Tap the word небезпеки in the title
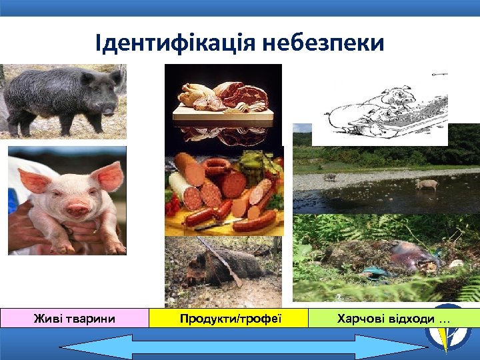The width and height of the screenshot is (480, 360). point(323,44)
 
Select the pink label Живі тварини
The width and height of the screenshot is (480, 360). point(74,319)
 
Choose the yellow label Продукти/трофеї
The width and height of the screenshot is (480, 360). point(230,319)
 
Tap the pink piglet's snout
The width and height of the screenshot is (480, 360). point(77,210)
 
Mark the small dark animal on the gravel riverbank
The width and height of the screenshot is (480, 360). point(329,177)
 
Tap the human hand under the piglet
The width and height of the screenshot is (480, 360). point(40,230)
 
